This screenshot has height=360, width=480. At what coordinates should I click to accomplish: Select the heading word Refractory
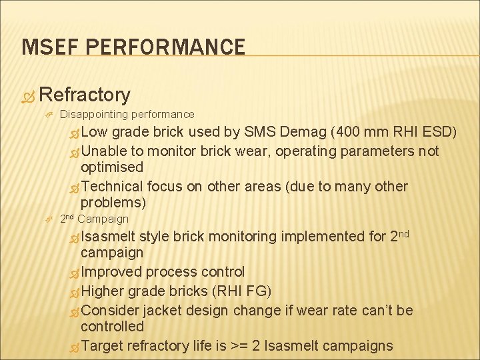click(89, 95)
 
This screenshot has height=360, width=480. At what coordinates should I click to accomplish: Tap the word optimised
click(111, 167)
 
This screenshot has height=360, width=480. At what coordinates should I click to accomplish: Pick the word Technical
click(112, 186)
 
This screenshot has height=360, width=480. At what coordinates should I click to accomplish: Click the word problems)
click(113, 203)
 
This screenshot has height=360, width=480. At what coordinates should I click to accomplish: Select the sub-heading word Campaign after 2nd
click(103, 219)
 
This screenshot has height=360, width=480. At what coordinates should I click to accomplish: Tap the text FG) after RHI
click(258, 291)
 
